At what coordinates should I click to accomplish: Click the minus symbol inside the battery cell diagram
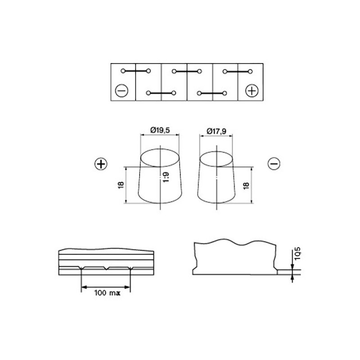click(x=121, y=91)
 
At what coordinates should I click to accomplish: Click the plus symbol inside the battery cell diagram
click(x=252, y=91)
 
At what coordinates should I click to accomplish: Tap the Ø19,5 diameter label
click(x=160, y=130)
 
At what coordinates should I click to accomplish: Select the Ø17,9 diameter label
click(x=216, y=131)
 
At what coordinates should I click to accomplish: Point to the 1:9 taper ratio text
click(x=166, y=177)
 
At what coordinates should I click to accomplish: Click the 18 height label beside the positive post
click(x=121, y=185)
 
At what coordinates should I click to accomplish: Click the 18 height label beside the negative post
click(x=246, y=186)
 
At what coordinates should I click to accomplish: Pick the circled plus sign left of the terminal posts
click(x=101, y=164)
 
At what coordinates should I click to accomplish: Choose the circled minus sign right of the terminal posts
click(x=274, y=164)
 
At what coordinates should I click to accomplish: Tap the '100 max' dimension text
click(x=107, y=293)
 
